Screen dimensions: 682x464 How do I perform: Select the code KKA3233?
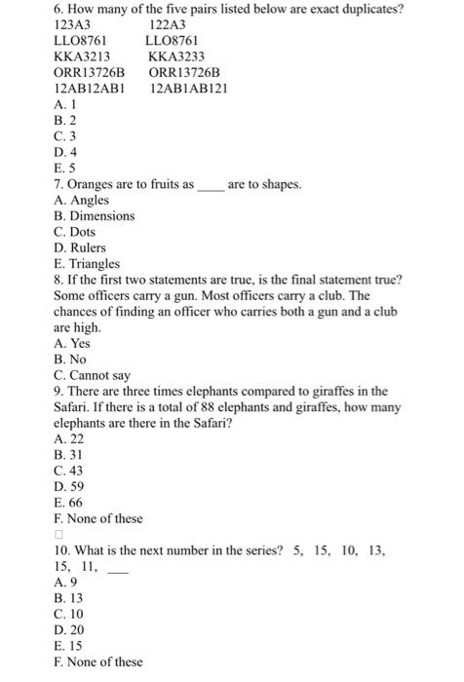(x=175, y=57)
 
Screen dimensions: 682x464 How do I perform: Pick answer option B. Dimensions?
(x=95, y=215)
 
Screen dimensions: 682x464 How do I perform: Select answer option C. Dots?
(x=77, y=231)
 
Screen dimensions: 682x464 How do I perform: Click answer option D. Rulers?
(x=81, y=247)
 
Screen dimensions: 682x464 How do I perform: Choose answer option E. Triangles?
(x=88, y=263)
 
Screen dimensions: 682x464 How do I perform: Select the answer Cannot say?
(x=93, y=374)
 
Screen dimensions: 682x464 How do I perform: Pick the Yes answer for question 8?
(x=73, y=343)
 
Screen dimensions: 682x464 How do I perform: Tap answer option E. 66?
(x=69, y=503)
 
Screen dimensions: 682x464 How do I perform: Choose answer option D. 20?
(x=69, y=630)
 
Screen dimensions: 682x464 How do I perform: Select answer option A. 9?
(x=66, y=583)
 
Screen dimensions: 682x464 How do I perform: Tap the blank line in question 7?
(x=211, y=185)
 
